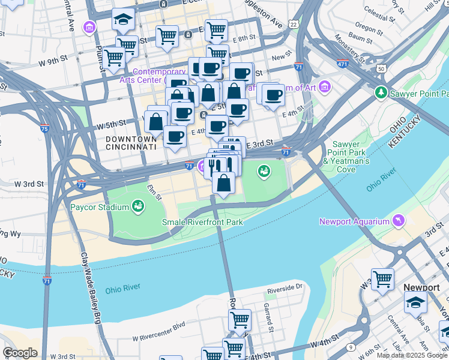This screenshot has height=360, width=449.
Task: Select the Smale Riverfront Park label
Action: pyautogui.click(x=202, y=222)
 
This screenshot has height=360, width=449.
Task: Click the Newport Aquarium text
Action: pyautogui.click(x=354, y=221)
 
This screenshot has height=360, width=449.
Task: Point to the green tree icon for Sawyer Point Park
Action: pyautogui.click(x=380, y=93)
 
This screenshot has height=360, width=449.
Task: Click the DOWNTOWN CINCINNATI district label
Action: pyautogui.click(x=131, y=142)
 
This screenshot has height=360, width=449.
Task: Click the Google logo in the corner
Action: pyautogui.click(x=19, y=353)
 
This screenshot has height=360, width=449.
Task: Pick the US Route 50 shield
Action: pyautogui.click(x=381, y=69)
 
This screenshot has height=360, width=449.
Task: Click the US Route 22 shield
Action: pyautogui.click(x=293, y=23)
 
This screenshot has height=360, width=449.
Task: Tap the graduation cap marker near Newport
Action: pyautogui.click(x=415, y=304)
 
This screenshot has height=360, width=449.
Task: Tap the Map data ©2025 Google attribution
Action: pyautogui.click(x=412, y=355)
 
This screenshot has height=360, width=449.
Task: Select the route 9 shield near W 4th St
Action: pyautogui.click(x=349, y=347)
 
